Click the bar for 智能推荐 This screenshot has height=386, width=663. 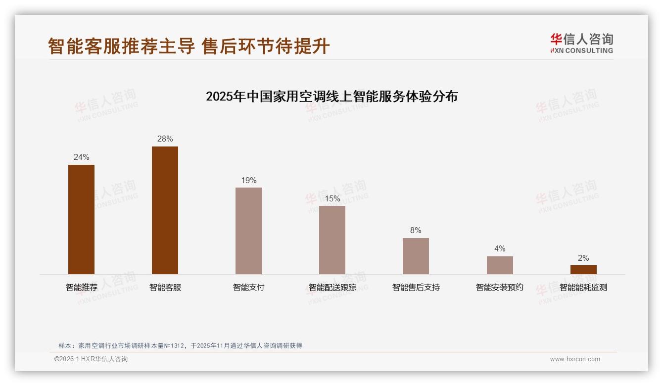(81, 219)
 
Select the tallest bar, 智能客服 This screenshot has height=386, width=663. (165, 210)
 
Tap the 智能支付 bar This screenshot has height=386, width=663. (248, 231)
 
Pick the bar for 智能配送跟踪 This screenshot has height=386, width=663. (332, 240)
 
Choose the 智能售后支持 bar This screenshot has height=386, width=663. (416, 256)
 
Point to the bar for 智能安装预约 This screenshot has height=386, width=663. (500, 265)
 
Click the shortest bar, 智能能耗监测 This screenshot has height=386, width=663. (583, 270)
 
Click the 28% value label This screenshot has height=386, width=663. (165, 139)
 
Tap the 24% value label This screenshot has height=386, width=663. (81, 157)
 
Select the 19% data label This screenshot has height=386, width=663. (248, 181)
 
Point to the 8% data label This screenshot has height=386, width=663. (416, 231)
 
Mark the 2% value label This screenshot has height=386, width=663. (583, 258)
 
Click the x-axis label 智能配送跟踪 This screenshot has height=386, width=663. (332, 288)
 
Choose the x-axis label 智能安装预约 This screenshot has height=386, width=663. (500, 288)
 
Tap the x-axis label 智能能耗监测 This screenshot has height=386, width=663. (583, 288)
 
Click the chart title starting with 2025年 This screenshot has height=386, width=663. (331, 96)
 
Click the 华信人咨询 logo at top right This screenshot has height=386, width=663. (581, 43)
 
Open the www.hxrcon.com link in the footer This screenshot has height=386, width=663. (575, 359)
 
